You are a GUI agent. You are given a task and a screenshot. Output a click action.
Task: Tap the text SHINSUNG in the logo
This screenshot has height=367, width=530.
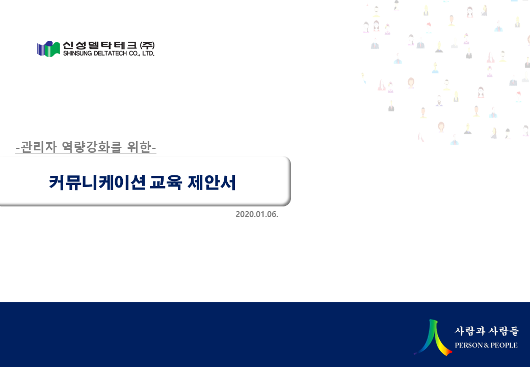coord(77,54)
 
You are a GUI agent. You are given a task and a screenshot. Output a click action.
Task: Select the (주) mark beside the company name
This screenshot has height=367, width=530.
coord(147,45)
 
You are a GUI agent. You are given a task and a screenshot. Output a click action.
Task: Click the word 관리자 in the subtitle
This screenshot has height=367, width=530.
coord(39,147)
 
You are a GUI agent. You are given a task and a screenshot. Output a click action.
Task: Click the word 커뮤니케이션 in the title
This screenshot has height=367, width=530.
coord(97,182)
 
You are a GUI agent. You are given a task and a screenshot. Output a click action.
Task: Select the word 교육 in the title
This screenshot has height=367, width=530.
coord(166,182)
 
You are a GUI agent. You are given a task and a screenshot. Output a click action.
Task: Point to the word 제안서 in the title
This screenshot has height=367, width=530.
coord(211,182)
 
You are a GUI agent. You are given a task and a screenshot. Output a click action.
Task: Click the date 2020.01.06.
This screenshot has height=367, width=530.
coord(257,214)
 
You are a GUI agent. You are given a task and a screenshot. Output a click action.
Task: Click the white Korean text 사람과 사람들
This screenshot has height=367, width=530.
coord(487,331)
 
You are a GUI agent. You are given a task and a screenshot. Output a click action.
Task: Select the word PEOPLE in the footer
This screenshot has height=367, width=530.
coord(504,345)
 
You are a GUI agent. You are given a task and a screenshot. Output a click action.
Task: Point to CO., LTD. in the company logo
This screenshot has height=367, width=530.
coord(142,54)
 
